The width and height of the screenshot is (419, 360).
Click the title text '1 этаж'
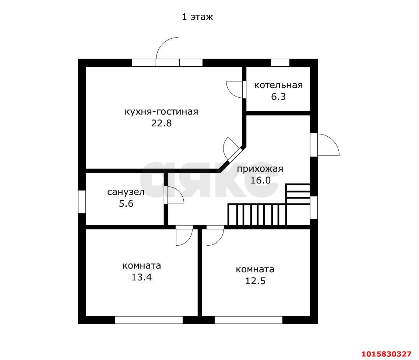tap(197, 17)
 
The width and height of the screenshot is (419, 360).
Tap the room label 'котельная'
tap(278, 85)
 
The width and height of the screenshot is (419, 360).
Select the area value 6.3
tap(278, 97)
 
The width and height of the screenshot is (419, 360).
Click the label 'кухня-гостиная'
tap(161, 112)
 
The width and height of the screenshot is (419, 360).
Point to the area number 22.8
tap(161, 123)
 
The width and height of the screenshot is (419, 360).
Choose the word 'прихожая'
tap(260, 169)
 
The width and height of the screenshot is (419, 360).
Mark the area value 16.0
tap(260, 180)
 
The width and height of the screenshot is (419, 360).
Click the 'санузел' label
tap(126, 192)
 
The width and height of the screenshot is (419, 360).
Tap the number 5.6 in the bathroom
tap(126, 204)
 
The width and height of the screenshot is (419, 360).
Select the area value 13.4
tap(141, 277)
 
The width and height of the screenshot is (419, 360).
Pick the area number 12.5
tap(255, 281)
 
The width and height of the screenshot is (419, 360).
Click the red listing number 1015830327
tap(386, 354)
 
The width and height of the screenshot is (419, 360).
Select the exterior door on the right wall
tap(325, 145)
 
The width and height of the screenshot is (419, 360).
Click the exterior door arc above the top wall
tap(167, 48)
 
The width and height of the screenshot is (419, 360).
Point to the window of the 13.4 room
tap(149, 320)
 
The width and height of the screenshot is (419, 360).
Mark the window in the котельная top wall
tap(280, 63)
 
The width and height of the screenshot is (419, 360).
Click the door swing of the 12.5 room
tap(215, 235)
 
